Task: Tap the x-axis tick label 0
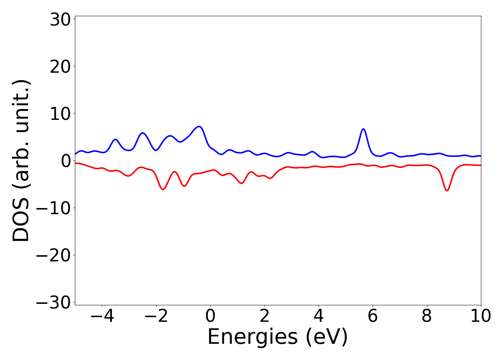(x=210, y=316)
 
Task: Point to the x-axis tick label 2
(x=265, y=316)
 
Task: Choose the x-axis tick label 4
(x=319, y=316)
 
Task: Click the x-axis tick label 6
(x=373, y=316)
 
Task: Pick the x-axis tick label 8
(x=427, y=316)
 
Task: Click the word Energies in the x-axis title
(x=252, y=337)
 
